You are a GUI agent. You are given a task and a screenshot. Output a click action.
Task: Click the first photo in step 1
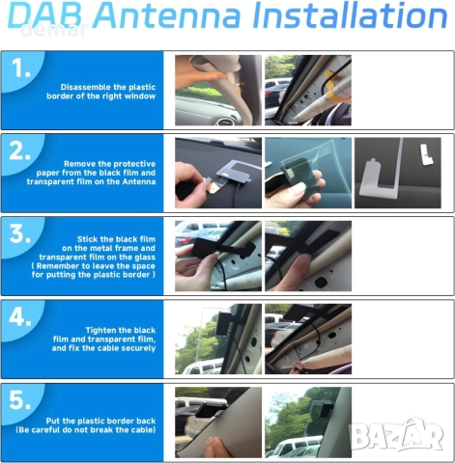[217, 91]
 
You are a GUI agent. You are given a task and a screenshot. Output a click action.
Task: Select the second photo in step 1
[307, 91]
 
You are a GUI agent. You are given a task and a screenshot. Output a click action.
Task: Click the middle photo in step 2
[307, 173]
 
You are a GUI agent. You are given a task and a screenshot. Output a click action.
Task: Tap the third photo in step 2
[397, 173]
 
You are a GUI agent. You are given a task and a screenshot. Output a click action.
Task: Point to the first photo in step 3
[217, 256]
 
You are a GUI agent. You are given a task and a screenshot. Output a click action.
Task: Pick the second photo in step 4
[307, 339]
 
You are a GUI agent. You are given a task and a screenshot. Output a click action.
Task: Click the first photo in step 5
[217, 422]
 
